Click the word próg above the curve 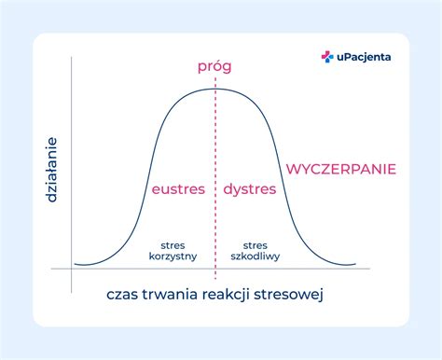(x=214, y=66)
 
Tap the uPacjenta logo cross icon (x=327, y=57)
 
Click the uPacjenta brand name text (x=364, y=57)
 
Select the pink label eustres (x=177, y=189)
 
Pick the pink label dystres (x=250, y=189)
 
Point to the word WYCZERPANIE (x=341, y=169)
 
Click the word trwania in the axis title (x=173, y=296)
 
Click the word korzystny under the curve (x=173, y=255)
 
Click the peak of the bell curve (x=214, y=89)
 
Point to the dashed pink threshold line (x=214, y=149)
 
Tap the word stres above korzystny (x=173, y=242)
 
